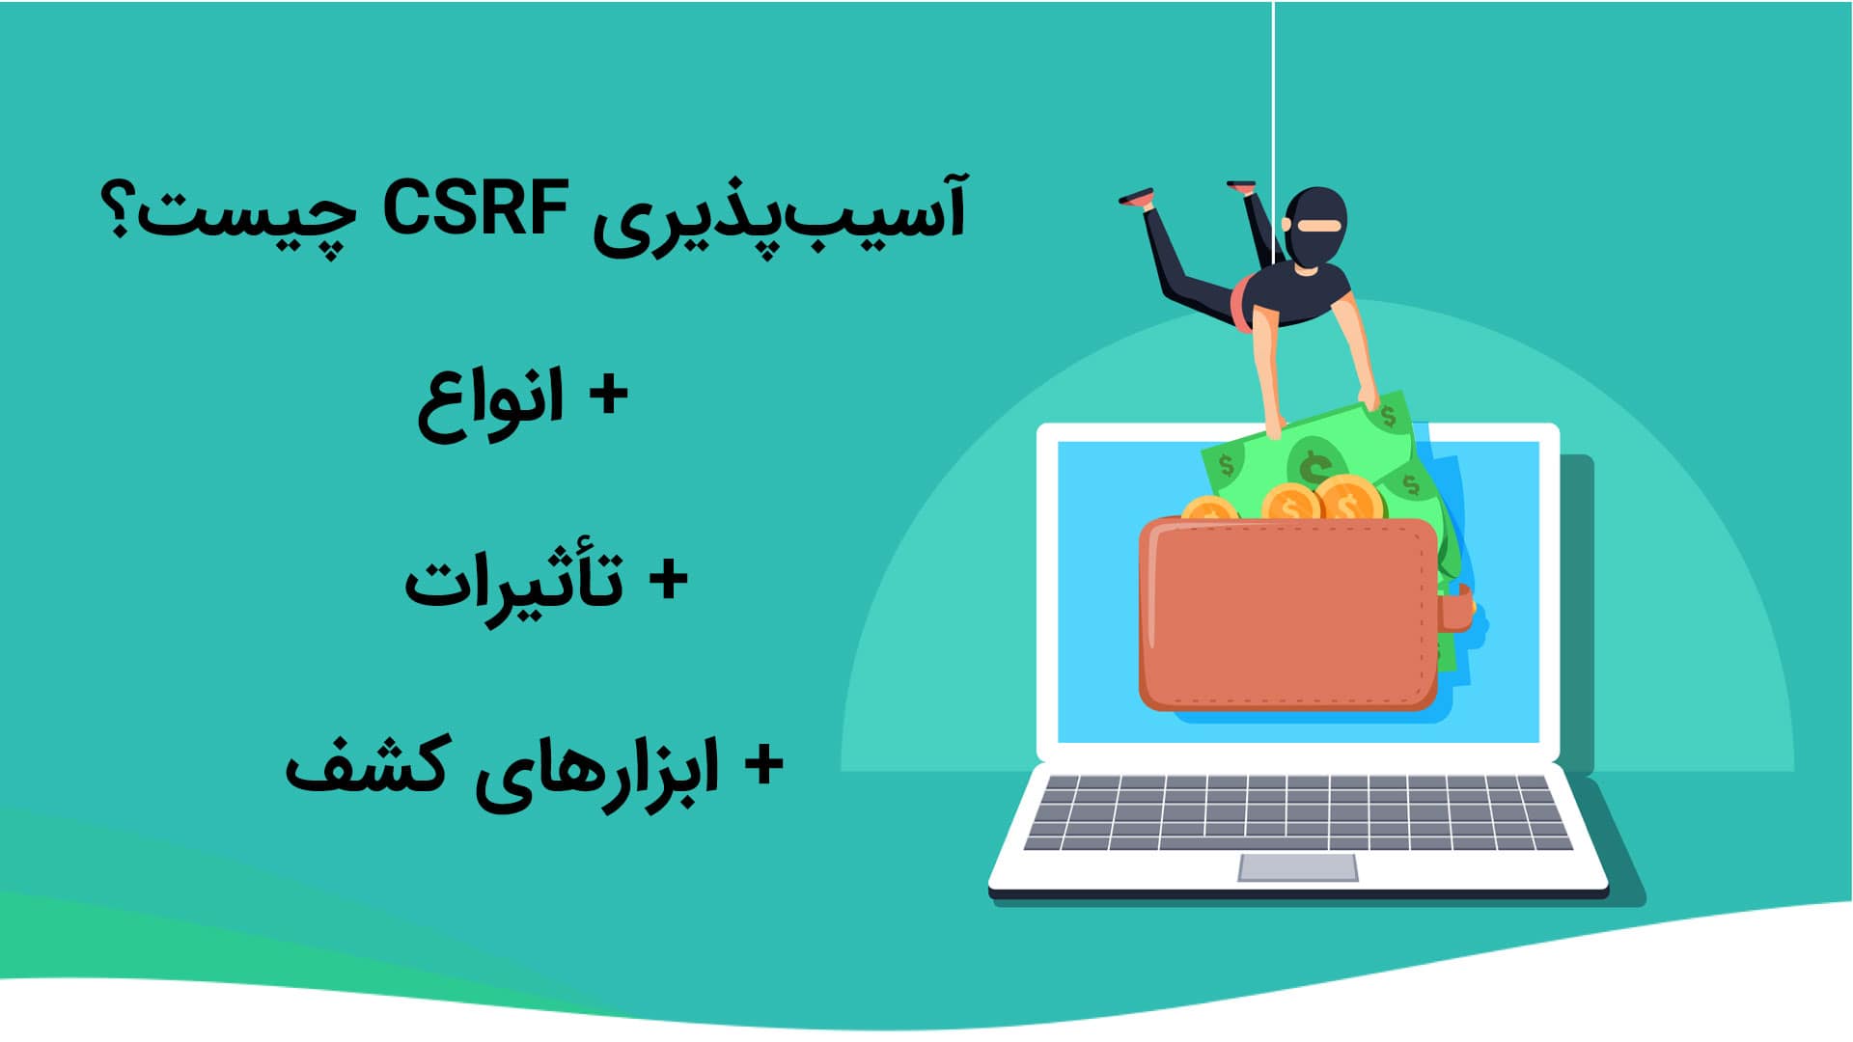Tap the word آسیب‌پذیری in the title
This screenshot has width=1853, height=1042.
tap(780, 218)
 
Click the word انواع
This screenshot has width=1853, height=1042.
tap(490, 403)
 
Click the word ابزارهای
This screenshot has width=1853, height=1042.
tap(596, 772)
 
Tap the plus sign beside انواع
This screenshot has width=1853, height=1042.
tap(608, 396)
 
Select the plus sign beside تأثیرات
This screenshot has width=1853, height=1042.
tap(667, 581)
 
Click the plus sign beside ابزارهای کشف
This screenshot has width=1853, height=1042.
tap(762, 766)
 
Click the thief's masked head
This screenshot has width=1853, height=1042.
tap(1314, 228)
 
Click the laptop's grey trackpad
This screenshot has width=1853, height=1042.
tap(1297, 867)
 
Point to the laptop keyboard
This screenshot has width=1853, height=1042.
tap(1297, 812)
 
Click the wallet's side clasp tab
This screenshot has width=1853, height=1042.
tap(1456, 608)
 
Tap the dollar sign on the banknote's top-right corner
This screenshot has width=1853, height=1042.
tap(1388, 417)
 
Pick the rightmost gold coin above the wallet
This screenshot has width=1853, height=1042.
tap(1348, 499)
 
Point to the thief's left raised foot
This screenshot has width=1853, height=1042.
tap(1137, 197)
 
